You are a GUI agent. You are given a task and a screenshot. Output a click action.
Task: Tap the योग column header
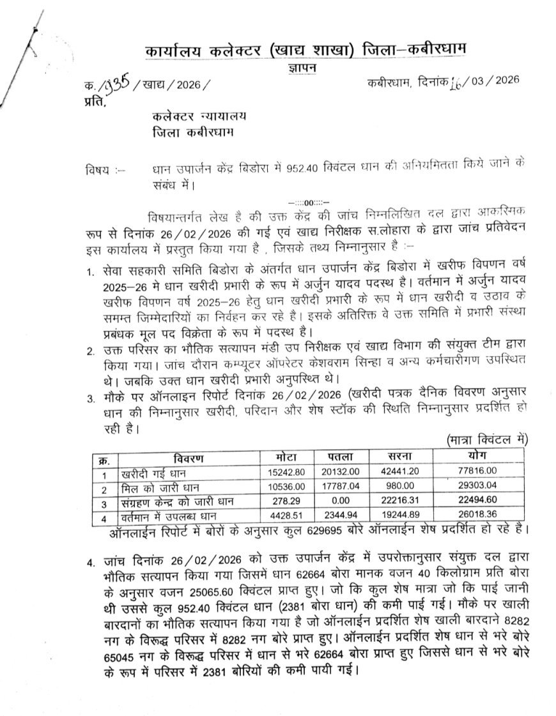(x=476, y=455)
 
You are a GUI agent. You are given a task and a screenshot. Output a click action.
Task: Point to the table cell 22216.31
(x=403, y=503)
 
